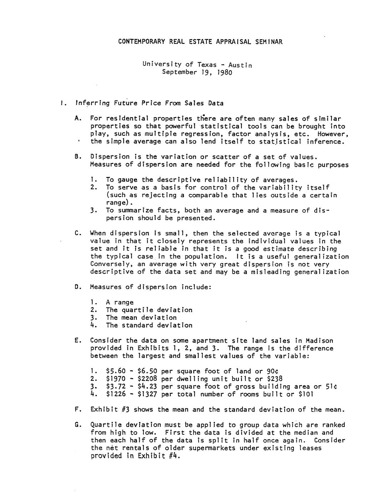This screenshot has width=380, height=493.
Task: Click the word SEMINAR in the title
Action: tap(269, 41)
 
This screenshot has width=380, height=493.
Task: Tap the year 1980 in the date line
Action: tap(225, 72)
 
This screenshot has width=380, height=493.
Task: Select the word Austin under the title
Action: tap(240, 65)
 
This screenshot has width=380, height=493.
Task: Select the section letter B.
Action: tap(77, 157)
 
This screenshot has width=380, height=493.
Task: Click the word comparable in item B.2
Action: tap(209, 195)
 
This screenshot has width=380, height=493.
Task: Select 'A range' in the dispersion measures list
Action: tap(120, 302)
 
